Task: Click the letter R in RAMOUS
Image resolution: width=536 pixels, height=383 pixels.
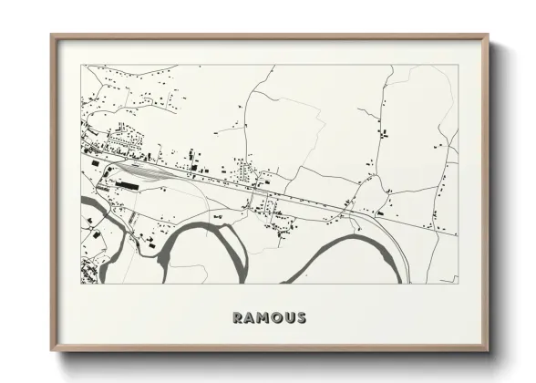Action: click(238, 318)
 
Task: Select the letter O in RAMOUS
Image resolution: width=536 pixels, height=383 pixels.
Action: click(276, 318)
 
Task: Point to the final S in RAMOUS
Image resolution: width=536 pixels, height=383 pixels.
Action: click(301, 318)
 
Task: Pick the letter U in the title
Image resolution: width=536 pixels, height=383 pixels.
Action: click(289, 318)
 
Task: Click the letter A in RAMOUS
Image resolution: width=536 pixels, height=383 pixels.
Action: click(250, 318)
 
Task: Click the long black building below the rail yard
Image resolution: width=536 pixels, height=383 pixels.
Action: click(129, 184)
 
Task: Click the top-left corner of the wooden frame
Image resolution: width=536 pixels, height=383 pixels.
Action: click(52, 36)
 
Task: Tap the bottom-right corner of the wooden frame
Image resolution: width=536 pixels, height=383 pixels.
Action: click(490, 350)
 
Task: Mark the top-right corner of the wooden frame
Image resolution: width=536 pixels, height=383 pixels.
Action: click(490, 36)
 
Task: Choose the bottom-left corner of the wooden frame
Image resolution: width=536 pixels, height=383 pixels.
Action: click(52, 350)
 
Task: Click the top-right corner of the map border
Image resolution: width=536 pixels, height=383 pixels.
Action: click(457, 65)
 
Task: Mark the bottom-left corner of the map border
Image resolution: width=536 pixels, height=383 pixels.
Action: click(82, 284)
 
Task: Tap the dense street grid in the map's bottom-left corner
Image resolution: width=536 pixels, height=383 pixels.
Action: click(90, 270)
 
